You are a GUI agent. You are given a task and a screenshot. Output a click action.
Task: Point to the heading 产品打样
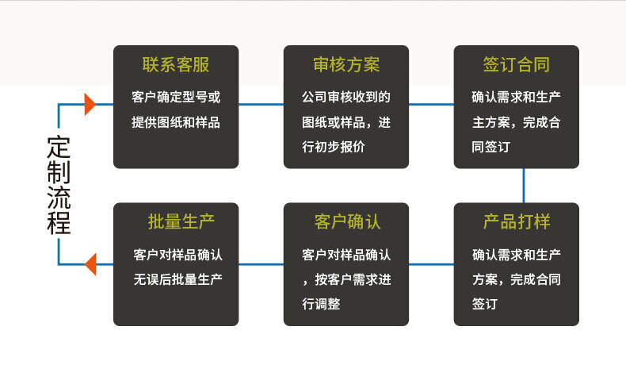point(516,221)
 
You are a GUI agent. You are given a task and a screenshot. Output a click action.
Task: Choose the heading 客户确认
point(346,221)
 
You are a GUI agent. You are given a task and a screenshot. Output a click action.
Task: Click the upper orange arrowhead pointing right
point(90,104)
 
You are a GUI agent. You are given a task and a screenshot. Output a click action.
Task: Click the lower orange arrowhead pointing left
point(90,263)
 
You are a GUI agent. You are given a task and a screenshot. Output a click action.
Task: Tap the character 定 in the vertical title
point(59,148)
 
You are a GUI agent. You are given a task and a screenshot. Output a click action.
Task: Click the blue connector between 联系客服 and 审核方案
point(261,104)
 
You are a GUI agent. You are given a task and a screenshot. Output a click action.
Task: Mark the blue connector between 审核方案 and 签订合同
point(431,104)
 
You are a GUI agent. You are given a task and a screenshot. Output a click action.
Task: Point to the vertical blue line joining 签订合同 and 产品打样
point(523,186)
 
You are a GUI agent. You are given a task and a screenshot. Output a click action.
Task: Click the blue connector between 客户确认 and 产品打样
point(431,263)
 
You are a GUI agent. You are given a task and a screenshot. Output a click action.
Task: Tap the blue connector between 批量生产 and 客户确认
point(261,263)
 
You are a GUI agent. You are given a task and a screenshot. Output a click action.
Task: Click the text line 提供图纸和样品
point(176,123)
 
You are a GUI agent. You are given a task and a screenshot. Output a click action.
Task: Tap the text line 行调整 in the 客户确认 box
point(321,304)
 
